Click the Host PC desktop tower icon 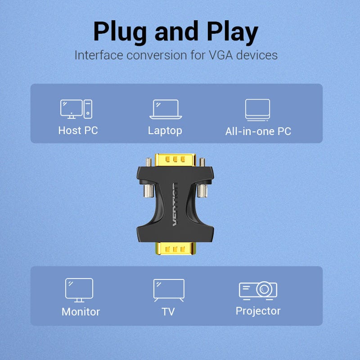(76, 109)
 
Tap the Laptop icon (166, 109)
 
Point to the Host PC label (78, 130)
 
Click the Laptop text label (165, 130)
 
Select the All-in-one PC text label (258, 131)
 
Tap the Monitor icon (79, 290)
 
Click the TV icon (169, 290)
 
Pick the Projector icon (258, 289)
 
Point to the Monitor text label (81, 311)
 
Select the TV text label (168, 311)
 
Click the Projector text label (258, 310)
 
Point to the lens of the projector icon (264, 289)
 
